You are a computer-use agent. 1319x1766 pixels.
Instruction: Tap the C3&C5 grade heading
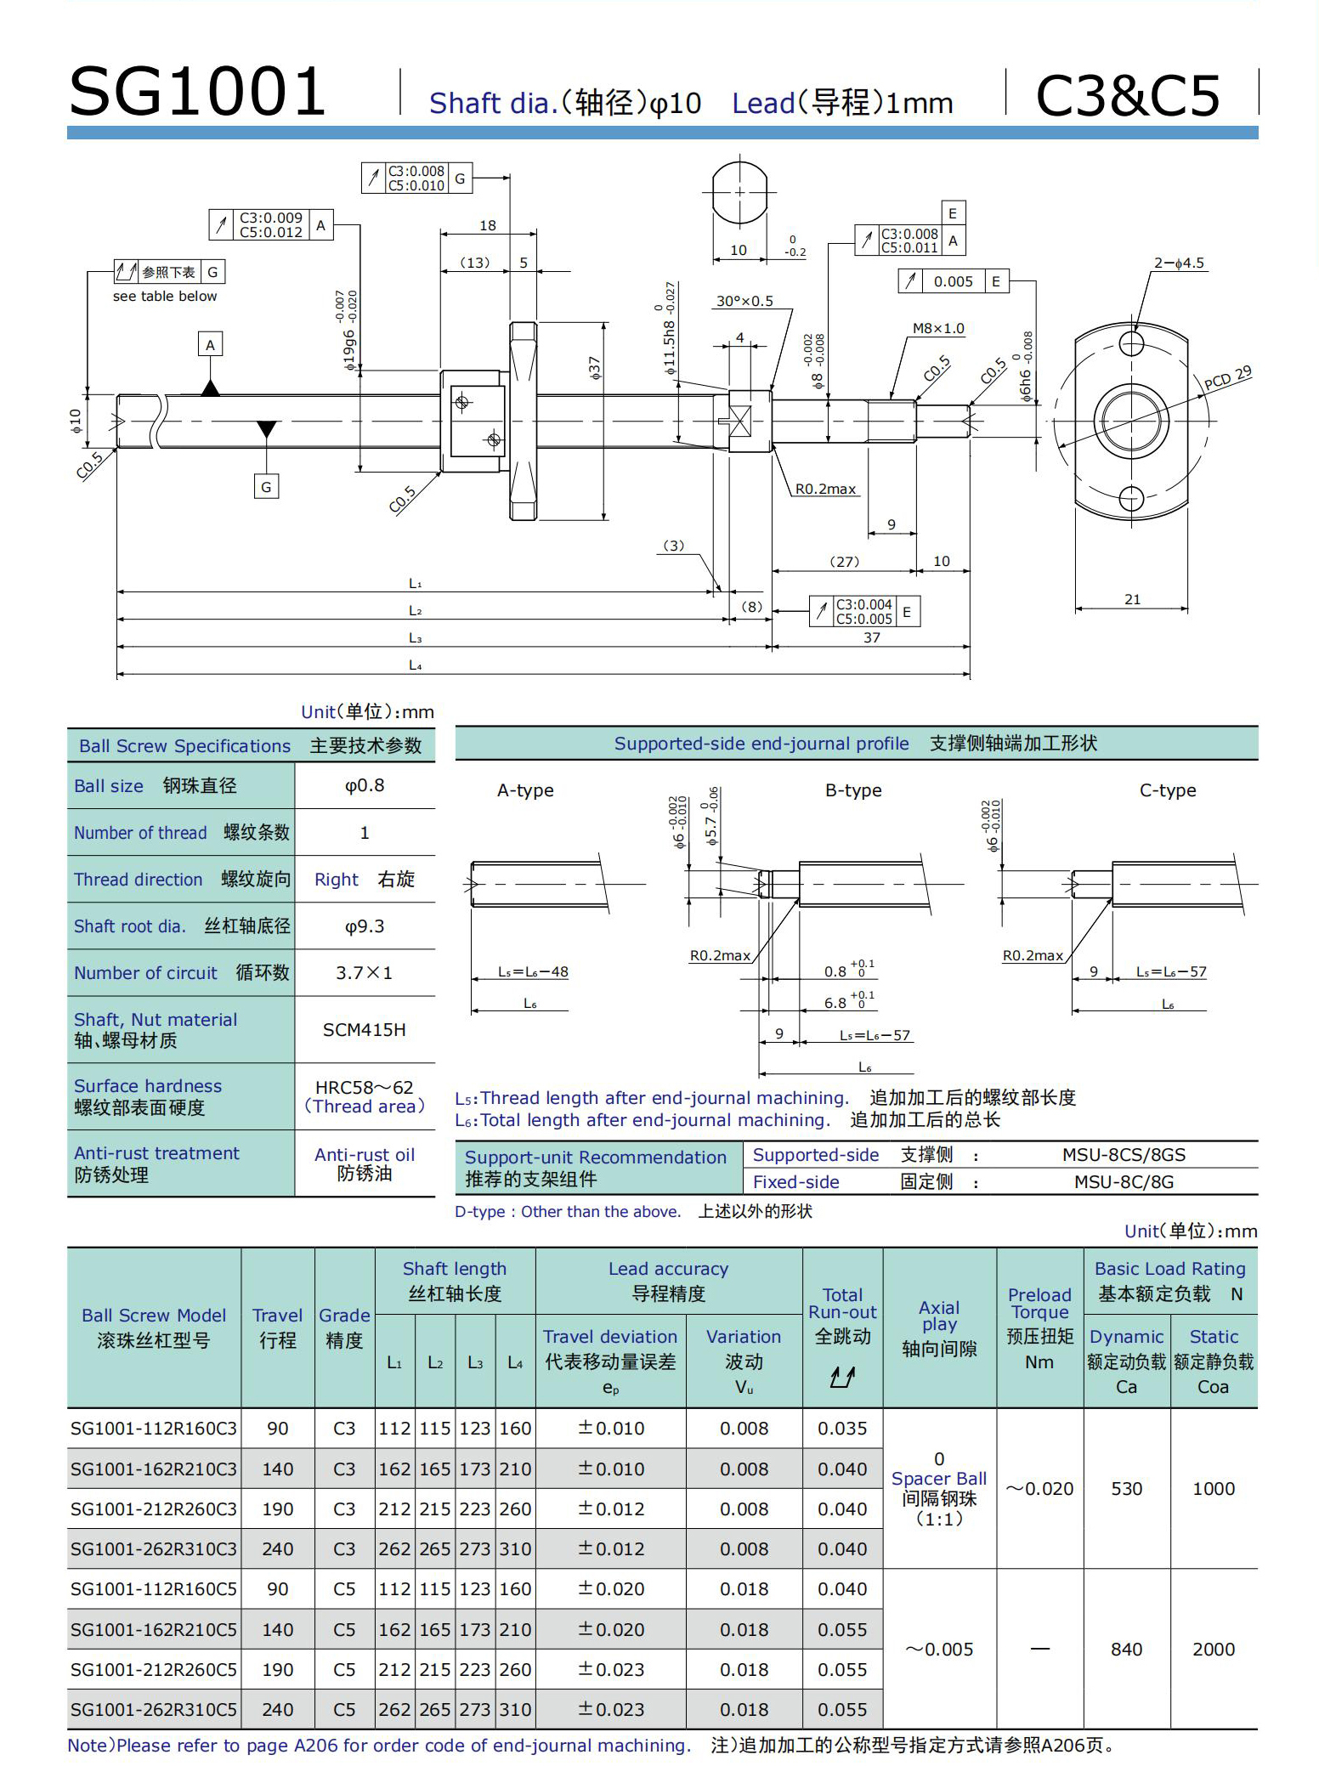click(x=1128, y=94)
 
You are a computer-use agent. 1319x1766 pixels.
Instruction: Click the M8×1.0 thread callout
click(x=938, y=328)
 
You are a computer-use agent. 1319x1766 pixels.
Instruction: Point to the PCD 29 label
click(x=1228, y=378)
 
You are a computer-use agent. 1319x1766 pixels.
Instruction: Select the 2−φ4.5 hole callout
click(x=1179, y=263)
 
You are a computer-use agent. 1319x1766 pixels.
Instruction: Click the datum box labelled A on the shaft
click(x=210, y=344)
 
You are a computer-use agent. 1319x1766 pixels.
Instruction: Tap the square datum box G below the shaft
click(x=266, y=487)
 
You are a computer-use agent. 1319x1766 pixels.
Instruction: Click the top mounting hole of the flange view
click(x=1131, y=343)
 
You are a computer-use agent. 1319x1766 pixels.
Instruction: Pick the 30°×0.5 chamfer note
click(x=744, y=301)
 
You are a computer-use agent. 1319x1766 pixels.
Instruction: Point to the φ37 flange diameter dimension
click(x=594, y=367)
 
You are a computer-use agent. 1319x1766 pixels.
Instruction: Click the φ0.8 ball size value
click(x=365, y=785)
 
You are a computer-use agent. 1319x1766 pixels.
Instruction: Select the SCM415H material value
click(x=365, y=1030)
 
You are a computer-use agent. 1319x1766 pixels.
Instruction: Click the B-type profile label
click(x=853, y=790)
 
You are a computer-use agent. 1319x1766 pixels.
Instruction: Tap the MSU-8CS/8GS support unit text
click(x=1124, y=1155)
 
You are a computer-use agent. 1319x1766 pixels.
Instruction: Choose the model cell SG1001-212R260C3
click(x=154, y=1509)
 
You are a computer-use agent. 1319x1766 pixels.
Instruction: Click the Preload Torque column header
click(x=1039, y=1327)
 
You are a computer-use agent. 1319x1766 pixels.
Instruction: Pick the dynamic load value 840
click(x=1126, y=1650)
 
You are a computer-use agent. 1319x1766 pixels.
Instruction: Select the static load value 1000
click(x=1213, y=1489)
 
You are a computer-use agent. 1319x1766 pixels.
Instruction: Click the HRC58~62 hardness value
click(x=365, y=1088)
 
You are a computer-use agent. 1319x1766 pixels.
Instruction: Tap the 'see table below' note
click(x=165, y=296)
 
